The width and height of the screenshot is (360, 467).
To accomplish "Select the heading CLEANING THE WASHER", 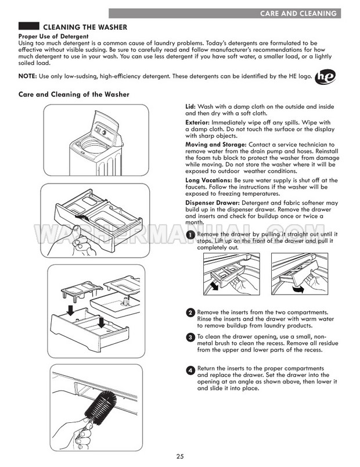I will (x=86, y=27).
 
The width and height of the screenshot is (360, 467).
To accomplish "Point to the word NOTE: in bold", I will (x=27, y=77).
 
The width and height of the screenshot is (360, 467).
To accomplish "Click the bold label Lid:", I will (x=191, y=107).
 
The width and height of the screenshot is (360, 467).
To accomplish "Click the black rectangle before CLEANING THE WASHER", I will (x=29, y=27).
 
